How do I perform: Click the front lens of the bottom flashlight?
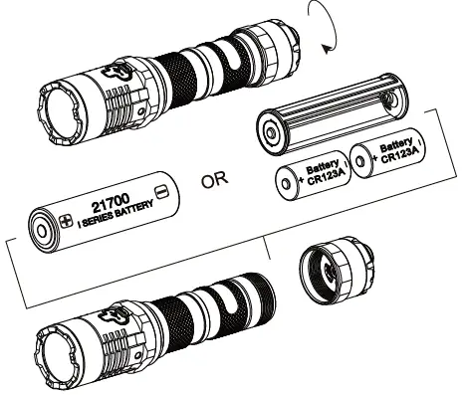pos(57,352)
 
